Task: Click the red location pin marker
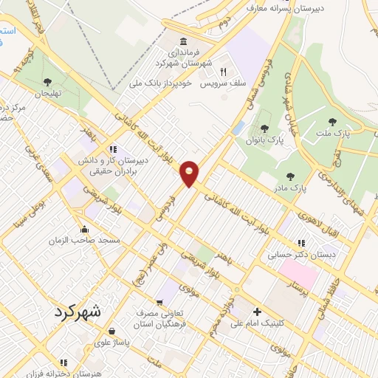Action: pyautogui.click(x=190, y=173)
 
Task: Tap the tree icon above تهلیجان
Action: pyautogui.click(x=48, y=82)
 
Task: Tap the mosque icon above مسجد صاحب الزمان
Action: pyautogui.click(x=86, y=229)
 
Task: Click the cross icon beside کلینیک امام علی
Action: pyautogui.click(x=257, y=311)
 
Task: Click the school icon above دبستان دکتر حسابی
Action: pyautogui.click(x=301, y=242)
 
